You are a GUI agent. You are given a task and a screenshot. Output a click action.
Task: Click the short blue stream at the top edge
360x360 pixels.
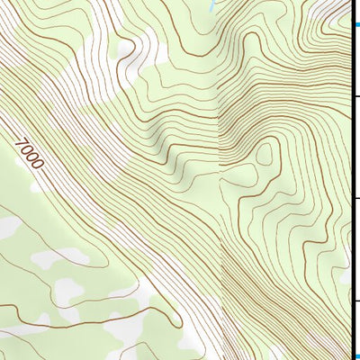tap(211, 4)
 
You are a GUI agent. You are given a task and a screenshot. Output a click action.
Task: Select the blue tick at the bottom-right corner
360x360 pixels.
tap(355, 355)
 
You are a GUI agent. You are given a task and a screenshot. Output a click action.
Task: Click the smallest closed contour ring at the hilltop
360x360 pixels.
tap(264, 156)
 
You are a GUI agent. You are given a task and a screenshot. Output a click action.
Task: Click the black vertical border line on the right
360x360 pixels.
tap(351, 180)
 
